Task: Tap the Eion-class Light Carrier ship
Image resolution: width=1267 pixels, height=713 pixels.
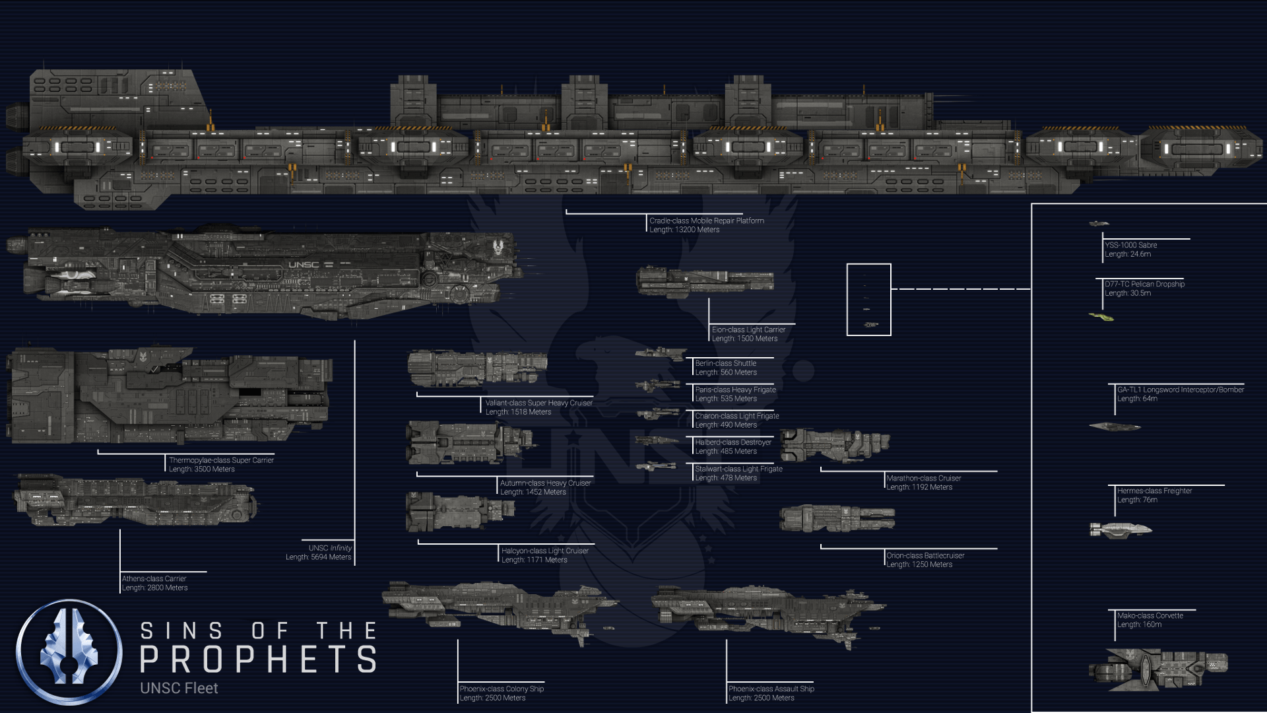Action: [x=705, y=281]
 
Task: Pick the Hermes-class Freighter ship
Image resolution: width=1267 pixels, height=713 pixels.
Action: [x=1121, y=529]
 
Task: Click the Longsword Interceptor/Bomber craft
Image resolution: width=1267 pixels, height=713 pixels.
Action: [x=1115, y=426]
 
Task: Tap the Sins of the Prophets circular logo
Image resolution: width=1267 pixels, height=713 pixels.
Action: [x=69, y=652]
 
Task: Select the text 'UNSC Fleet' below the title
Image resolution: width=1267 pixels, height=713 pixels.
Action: [x=179, y=688]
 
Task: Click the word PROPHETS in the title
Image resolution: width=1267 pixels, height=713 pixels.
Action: [x=259, y=659]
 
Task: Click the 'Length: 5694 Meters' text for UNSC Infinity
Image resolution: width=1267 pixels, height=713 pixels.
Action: [x=319, y=557]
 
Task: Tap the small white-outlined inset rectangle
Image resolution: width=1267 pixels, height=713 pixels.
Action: [x=868, y=299]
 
